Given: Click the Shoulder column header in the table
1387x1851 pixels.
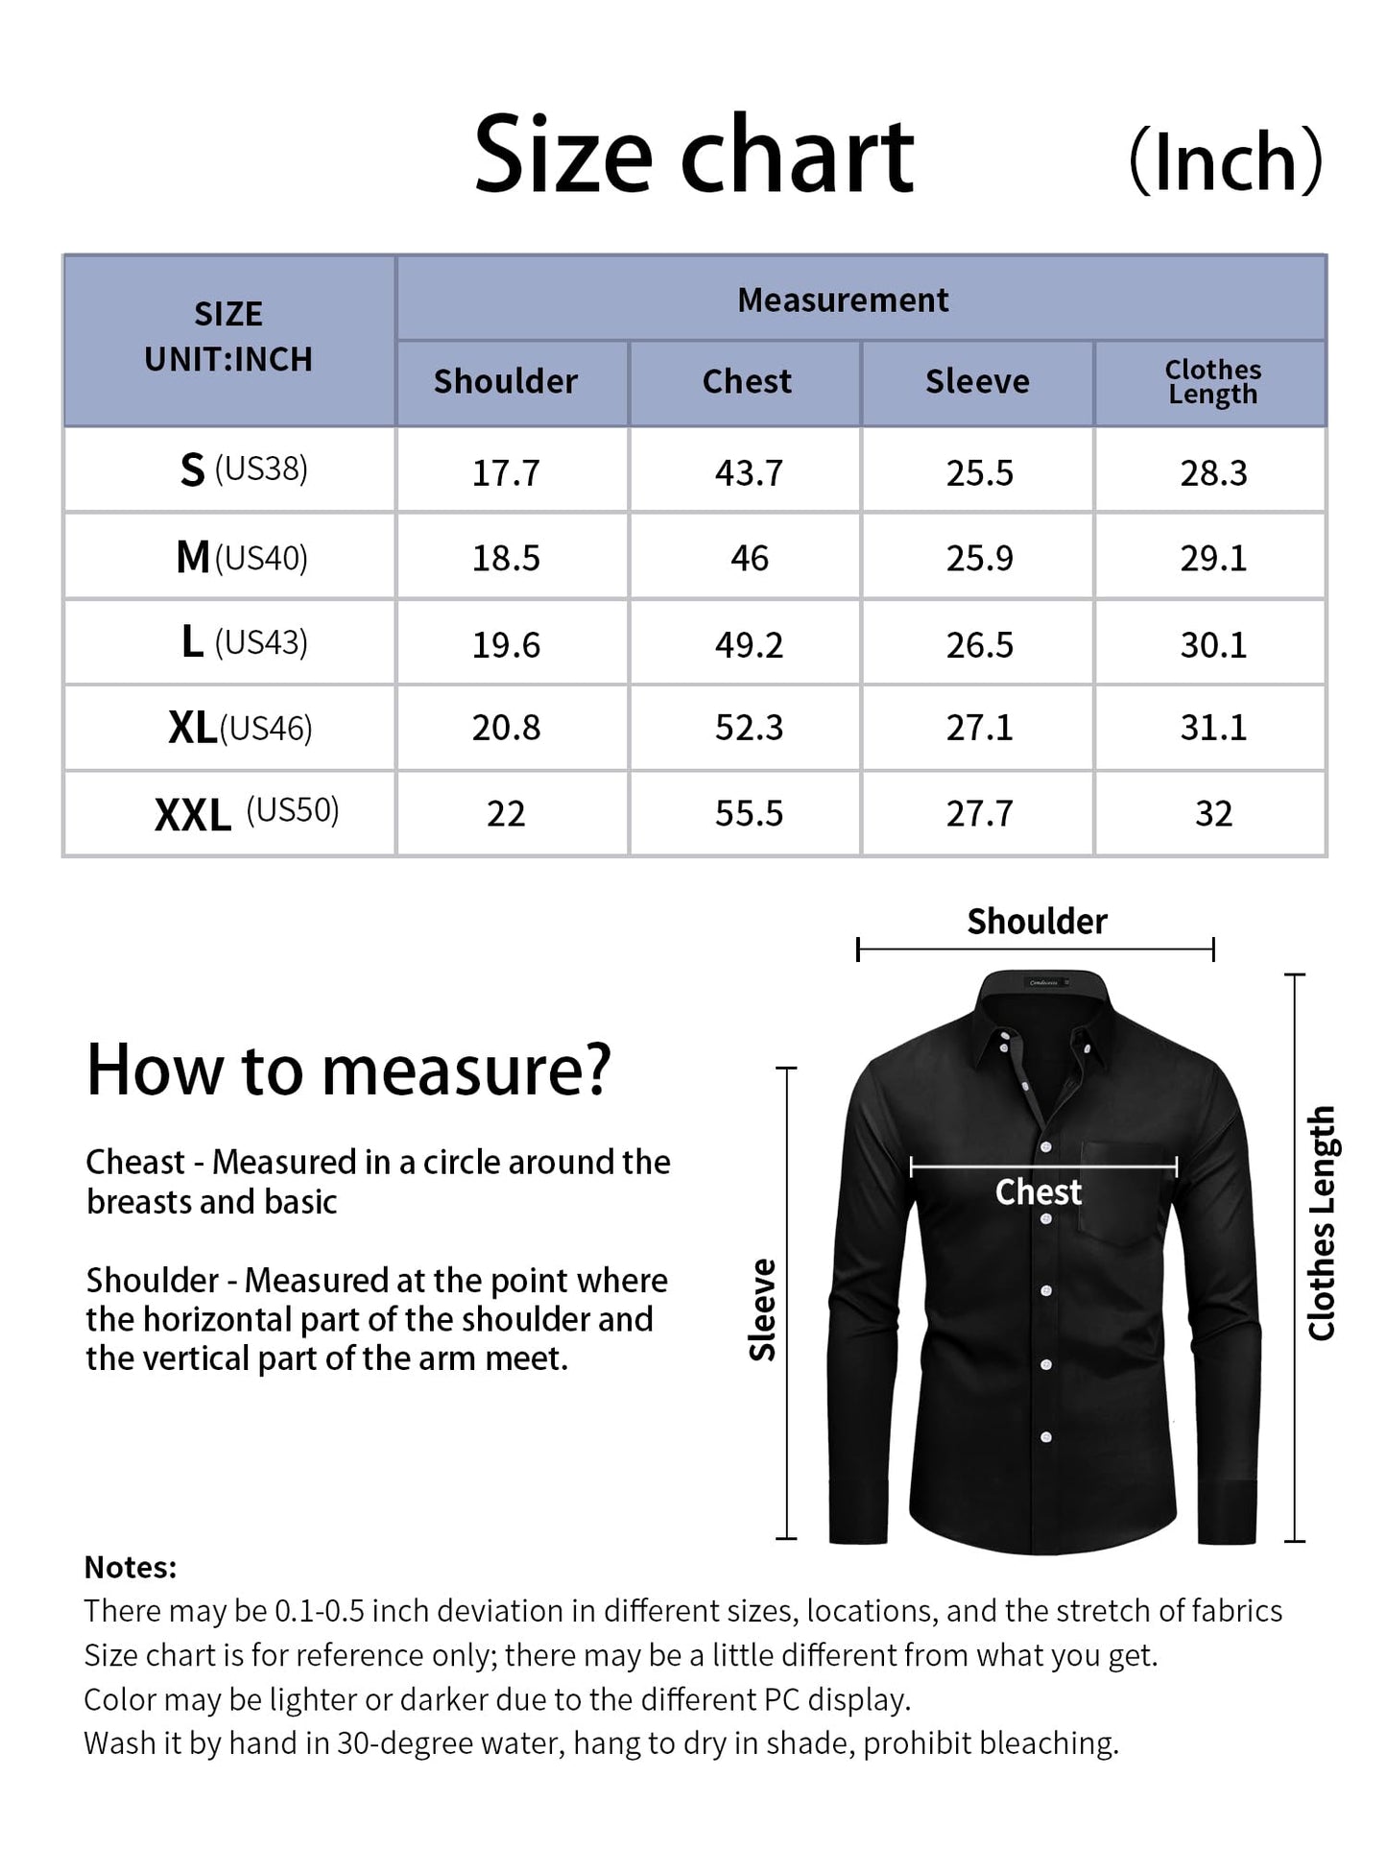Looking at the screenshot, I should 506,382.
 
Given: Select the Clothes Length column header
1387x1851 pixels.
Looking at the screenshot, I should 1212,382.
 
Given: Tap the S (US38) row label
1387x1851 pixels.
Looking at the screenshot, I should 244,469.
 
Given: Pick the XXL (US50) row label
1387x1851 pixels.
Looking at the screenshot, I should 247,813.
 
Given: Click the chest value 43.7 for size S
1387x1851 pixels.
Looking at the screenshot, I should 749,473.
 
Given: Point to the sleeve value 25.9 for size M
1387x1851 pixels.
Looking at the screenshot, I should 979,558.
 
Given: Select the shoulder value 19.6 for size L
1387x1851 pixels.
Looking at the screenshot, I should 506,644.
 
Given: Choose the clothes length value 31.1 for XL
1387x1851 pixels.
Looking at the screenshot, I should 1213,728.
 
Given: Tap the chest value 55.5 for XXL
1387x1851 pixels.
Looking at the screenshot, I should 749,814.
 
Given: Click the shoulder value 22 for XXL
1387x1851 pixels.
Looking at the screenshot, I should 506,814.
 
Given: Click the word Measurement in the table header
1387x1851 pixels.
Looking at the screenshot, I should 843,300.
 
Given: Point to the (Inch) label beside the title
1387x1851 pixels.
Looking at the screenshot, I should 1226,160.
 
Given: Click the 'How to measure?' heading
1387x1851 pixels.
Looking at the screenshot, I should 348,1070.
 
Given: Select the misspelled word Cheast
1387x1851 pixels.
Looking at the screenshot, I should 135,1163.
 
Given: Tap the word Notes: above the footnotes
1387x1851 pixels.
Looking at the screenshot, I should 131,1568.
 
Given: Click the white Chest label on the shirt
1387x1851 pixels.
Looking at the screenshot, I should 1039,1192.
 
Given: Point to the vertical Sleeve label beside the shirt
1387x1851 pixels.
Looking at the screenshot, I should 763,1310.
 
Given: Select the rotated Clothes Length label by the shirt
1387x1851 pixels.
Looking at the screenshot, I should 1322,1222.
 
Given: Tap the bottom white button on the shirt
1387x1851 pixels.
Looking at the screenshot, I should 1046,1437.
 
